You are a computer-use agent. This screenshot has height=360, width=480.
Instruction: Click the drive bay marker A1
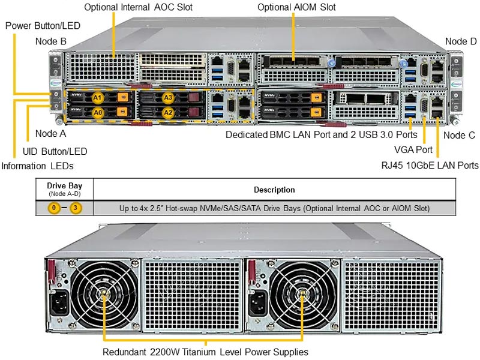tap(98, 97)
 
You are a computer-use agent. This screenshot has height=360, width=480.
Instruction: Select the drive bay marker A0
tap(98, 112)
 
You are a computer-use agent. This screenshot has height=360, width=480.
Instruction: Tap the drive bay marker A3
tap(167, 97)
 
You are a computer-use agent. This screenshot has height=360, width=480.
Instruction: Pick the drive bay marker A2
tap(167, 112)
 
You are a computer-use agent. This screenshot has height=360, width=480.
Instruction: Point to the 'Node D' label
tap(460, 41)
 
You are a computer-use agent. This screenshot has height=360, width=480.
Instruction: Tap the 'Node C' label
tap(459, 136)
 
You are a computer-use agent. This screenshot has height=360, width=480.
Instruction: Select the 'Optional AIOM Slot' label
tap(296, 8)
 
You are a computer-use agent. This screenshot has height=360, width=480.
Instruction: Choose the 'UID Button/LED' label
tap(55, 151)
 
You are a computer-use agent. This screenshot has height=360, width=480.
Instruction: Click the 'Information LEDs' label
tap(40, 166)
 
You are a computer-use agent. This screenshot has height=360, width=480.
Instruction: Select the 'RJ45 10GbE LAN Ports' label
tap(430, 165)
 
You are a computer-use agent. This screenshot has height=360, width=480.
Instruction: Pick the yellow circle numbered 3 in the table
tap(76, 208)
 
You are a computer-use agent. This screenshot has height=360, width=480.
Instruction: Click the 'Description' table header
tap(274, 190)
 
